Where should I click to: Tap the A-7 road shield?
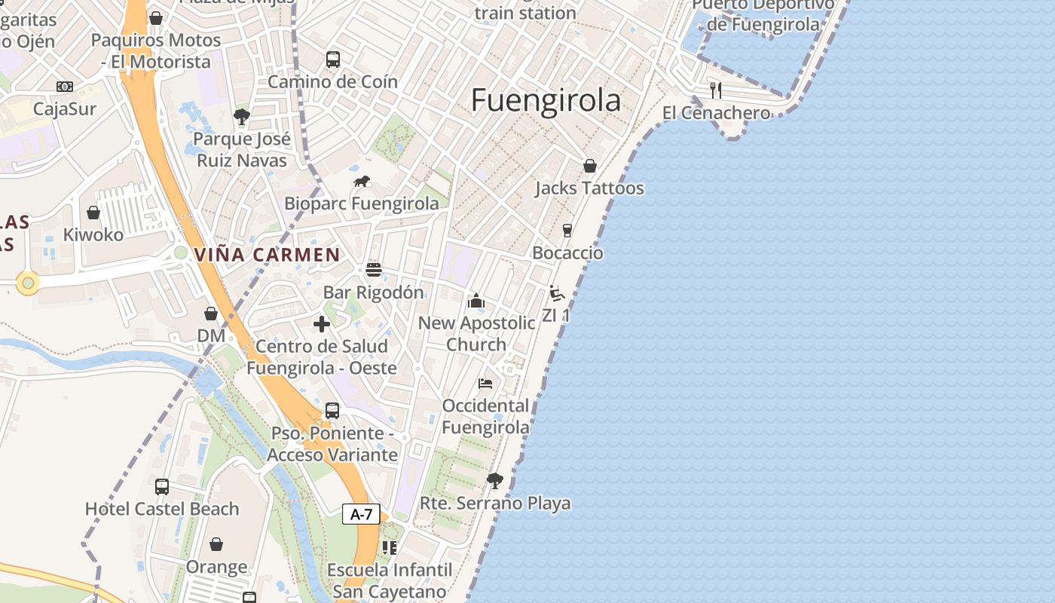361,514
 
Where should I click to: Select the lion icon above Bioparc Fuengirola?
362,182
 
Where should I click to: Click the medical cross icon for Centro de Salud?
322,324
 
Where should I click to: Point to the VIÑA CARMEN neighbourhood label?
268,255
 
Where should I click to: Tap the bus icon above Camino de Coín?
332,59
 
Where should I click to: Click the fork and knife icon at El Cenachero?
716,90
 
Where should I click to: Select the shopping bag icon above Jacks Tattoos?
590,166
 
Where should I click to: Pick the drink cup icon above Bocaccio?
567,231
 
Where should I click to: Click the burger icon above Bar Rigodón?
374,270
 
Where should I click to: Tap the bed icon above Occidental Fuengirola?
485,384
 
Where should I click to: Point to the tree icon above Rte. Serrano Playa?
495,480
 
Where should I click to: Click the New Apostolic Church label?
476,333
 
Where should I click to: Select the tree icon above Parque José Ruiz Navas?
242,117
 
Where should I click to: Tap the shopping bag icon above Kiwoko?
93,213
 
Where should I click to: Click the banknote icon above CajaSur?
65,87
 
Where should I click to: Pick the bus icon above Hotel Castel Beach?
162,487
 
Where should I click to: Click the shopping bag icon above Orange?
216,544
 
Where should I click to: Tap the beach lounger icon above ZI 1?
557,293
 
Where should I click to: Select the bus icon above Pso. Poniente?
332,411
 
